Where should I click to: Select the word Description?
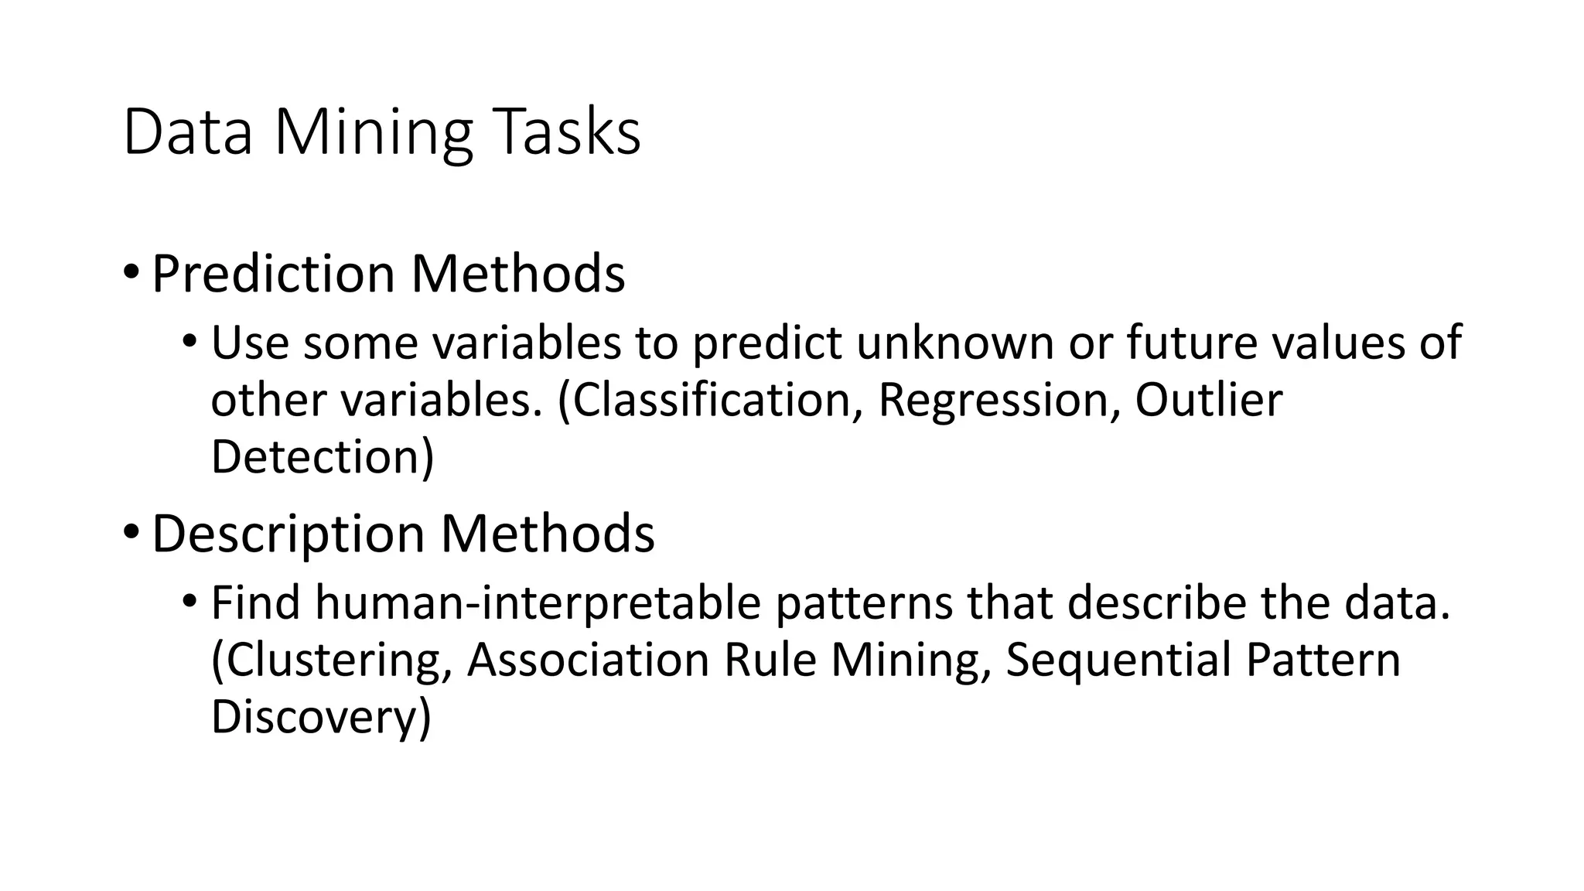tap(288, 534)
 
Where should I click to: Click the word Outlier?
tap(1208, 401)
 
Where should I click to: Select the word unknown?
tap(956, 343)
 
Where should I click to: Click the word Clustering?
tap(333, 661)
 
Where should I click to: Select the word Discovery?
tap(319, 717)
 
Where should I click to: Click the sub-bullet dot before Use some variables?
tap(190, 341)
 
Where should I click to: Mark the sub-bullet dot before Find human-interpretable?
tap(190, 601)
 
